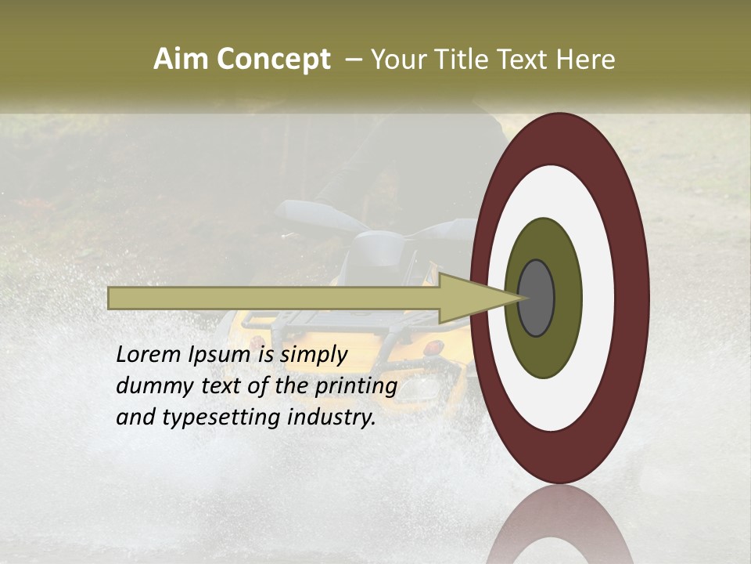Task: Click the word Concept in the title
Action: [x=273, y=60]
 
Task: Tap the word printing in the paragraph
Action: [x=356, y=386]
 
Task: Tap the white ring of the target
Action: [x=598, y=298]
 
